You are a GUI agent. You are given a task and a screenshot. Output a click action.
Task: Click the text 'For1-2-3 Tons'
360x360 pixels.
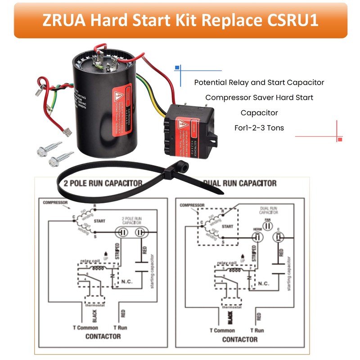259,127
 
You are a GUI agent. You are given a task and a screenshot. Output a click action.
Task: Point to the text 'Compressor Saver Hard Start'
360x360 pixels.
259,97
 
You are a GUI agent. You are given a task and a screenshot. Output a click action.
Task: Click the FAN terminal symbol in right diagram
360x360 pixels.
267,225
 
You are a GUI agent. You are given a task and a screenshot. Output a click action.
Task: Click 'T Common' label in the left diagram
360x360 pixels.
85,328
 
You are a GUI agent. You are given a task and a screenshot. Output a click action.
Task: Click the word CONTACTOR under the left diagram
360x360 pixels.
103,336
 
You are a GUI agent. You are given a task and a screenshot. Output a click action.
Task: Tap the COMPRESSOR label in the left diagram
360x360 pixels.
56,203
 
